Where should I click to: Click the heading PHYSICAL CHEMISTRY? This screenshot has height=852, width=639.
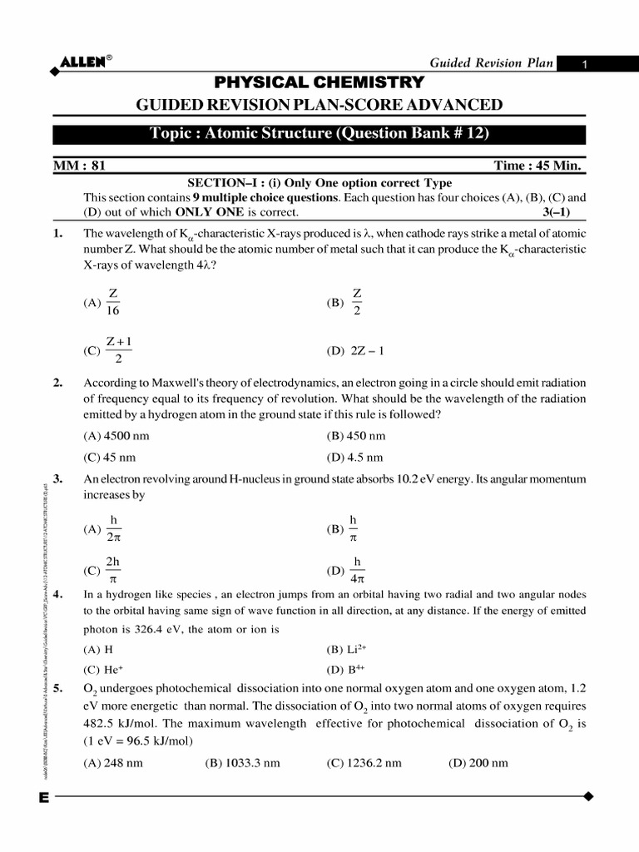[319, 82]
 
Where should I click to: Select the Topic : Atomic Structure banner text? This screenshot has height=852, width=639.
[319, 134]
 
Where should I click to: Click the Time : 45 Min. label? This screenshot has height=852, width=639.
[539, 166]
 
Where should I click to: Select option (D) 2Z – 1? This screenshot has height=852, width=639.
[356, 350]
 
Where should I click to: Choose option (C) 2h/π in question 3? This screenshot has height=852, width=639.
[103, 571]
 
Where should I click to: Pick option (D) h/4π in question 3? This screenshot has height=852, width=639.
[349, 571]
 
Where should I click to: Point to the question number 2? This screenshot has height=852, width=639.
[57, 383]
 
